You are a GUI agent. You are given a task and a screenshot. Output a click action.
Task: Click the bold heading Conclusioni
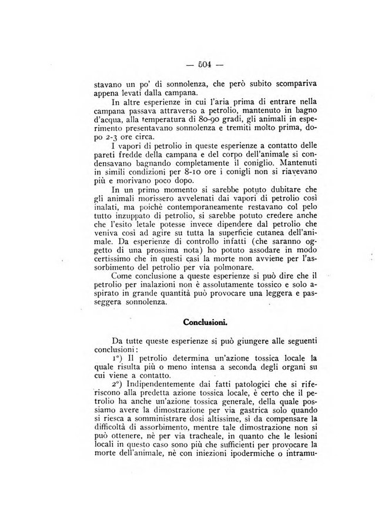click(x=205, y=322)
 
